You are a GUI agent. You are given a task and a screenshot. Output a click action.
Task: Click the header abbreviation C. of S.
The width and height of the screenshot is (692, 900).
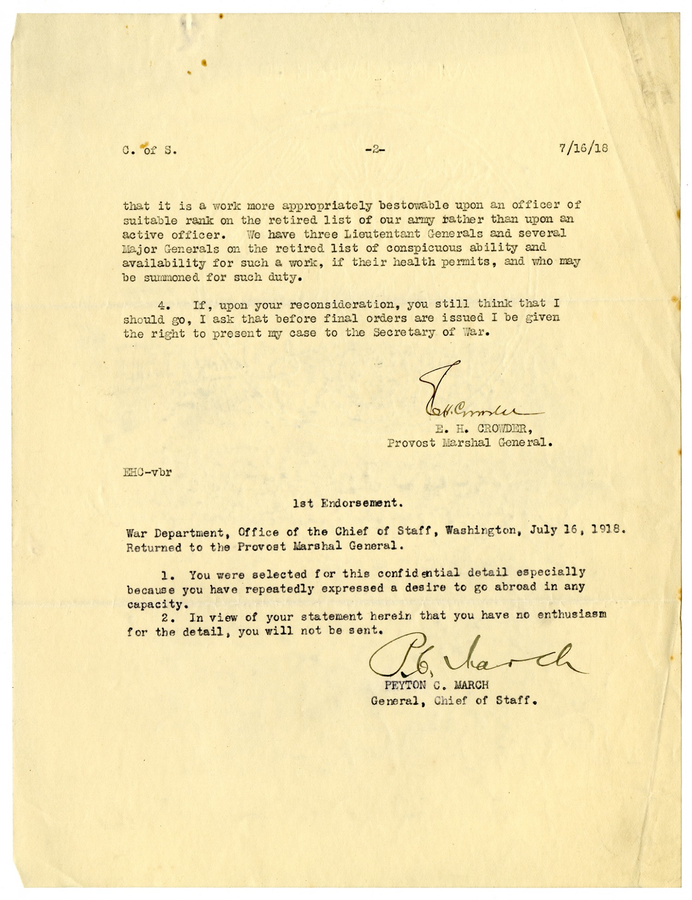tap(149, 150)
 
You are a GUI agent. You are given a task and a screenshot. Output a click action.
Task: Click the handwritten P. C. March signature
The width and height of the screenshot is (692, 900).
tap(475, 657)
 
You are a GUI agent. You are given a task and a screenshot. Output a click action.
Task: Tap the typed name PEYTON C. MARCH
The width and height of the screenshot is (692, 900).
tap(433, 685)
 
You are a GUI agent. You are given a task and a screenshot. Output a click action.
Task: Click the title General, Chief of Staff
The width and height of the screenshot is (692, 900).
tap(454, 700)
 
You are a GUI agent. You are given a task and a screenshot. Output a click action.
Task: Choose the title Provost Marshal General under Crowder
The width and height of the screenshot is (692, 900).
tap(470, 442)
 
